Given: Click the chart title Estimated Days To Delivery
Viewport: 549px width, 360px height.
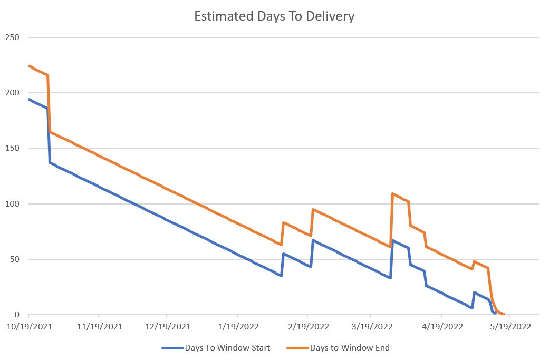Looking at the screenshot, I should click(x=274, y=16).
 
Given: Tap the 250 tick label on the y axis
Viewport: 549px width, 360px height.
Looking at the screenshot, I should click(x=12, y=37).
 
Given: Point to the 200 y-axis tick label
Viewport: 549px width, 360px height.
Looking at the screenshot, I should click(x=12, y=93).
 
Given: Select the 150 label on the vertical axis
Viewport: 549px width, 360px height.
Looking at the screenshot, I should click(x=12, y=148).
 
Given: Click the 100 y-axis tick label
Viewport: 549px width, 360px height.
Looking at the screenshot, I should click(x=12, y=204).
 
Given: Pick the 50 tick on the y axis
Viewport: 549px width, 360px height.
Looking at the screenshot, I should click(x=14, y=259).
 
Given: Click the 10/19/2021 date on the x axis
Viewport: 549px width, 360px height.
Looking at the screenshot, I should click(x=29, y=326).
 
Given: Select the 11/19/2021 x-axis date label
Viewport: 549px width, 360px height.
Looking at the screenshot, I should click(x=99, y=326).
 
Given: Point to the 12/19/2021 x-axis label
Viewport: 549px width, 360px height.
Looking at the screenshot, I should click(x=167, y=326).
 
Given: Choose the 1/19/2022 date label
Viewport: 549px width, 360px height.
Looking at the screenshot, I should click(x=237, y=326).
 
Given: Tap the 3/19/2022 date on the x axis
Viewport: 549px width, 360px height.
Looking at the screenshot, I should click(x=371, y=326).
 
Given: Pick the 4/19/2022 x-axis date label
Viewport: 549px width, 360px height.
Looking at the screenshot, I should click(x=441, y=326).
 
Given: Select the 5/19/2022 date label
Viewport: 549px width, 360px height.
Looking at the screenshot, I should click(x=509, y=326).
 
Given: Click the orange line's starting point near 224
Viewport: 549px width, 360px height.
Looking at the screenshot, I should click(x=29, y=66).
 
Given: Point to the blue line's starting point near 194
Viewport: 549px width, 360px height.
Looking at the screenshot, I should click(x=29, y=99).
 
